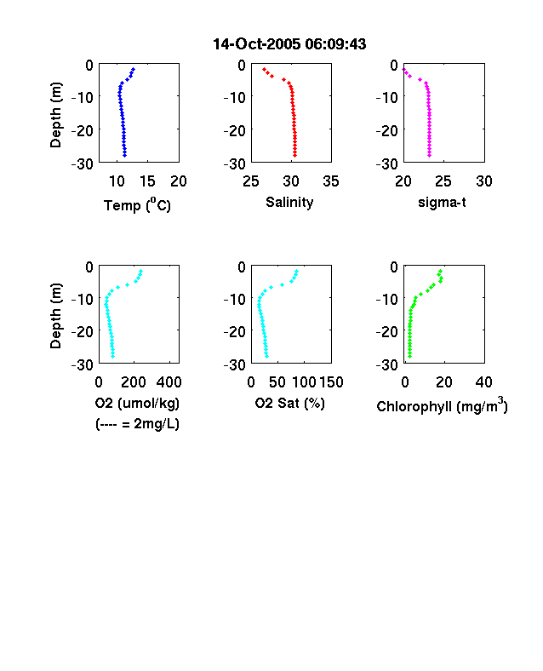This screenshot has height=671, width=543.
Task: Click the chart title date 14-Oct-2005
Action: [x=256, y=44]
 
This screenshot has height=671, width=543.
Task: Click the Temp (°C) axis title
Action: [x=137, y=205]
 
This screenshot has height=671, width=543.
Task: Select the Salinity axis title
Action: [x=289, y=202]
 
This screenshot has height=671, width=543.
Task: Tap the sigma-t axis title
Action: [x=442, y=202]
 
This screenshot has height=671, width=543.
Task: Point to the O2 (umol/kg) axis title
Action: [x=137, y=403]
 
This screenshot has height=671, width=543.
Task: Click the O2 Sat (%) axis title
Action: [x=290, y=403]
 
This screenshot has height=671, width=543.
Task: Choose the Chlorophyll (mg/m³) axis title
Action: [x=442, y=404]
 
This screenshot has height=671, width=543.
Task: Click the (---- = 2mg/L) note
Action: [x=137, y=424]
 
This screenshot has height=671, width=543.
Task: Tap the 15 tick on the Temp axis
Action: [x=147, y=181]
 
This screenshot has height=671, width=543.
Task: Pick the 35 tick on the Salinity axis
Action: [x=331, y=181]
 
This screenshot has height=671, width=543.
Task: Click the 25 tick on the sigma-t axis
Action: [x=443, y=181]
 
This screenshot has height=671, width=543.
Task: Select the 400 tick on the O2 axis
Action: [x=169, y=382]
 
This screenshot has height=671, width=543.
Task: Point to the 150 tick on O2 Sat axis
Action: [x=331, y=382]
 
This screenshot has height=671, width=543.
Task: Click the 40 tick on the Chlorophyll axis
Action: [x=483, y=382]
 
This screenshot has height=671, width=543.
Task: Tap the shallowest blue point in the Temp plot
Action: [x=134, y=69]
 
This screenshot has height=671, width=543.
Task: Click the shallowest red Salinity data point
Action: [x=264, y=69]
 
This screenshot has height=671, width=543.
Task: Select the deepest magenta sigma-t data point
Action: [x=429, y=155]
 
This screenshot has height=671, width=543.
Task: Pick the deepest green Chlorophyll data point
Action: [x=409, y=356]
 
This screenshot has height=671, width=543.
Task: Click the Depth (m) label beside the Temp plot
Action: [x=55, y=115]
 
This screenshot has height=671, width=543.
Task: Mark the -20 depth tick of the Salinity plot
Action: [x=235, y=130]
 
